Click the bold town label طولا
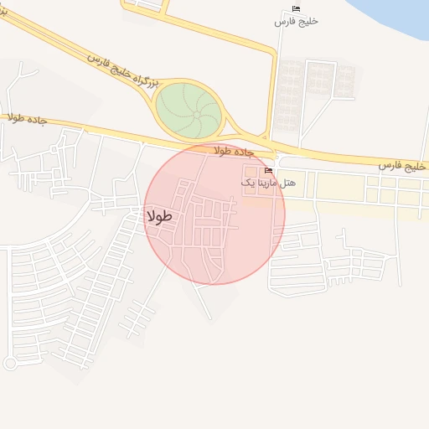(x=159, y=216)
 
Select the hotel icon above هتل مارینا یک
(x=268, y=171)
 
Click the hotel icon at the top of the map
(x=296, y=8)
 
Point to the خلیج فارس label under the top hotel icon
(x=296, y=21)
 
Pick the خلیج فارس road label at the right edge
(x=401, y=166)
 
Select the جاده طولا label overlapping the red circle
(x=233, y=151)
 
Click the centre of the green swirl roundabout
(x=190, y=109)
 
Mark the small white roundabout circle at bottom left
(x=11, y=364)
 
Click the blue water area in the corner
(x=394, y=17)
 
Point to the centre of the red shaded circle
(x=214, y=214)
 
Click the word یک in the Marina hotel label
(x=246, y=182)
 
